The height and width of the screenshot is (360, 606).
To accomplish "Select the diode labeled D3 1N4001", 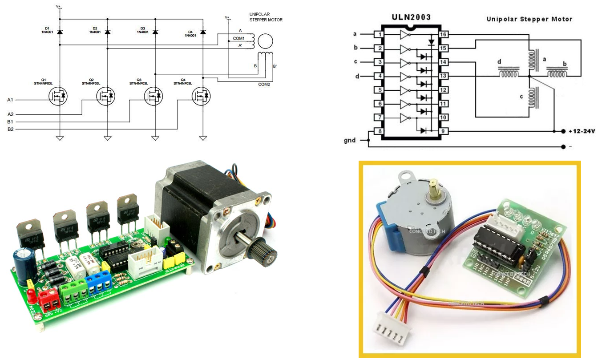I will pos(155,32).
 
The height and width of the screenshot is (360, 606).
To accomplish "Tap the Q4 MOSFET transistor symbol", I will pos(203,96).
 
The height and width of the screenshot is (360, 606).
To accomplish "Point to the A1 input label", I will pos(10,100).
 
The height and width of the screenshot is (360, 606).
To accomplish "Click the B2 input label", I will pos(10,129).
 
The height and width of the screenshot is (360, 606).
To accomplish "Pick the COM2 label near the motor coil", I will pos(264,84).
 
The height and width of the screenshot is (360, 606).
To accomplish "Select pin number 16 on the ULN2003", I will pos(444,35).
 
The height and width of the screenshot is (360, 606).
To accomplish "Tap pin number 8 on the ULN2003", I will pos(379,131).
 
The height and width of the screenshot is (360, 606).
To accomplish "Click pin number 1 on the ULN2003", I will pos(379,35).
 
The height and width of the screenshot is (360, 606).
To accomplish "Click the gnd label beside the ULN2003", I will pos(350,141).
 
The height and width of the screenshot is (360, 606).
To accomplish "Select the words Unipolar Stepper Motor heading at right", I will pos(529,19).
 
